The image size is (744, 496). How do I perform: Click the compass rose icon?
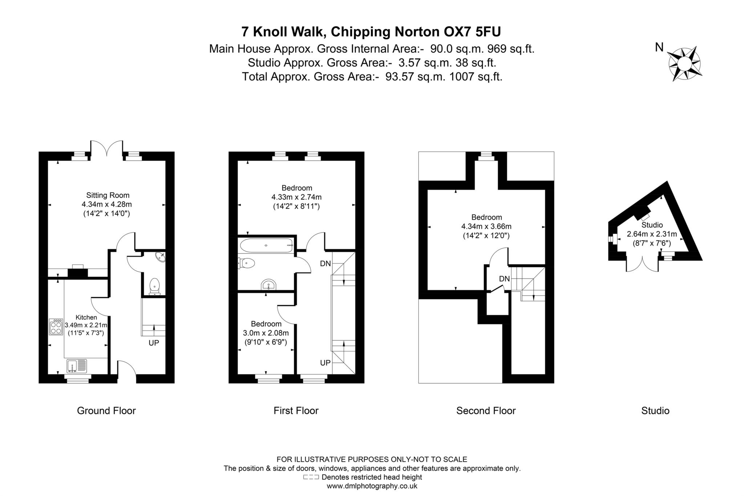point(684,64)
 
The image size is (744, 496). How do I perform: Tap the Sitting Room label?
point(108,195)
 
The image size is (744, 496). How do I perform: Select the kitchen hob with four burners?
point(56,327)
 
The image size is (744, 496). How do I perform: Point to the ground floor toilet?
point(155,286)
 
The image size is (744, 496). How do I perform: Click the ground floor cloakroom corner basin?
point(160,257)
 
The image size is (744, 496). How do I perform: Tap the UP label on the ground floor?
point(154,343)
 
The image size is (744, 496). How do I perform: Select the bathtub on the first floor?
point(266,245)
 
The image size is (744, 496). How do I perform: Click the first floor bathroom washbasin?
point(268,285)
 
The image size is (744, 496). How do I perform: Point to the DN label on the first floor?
point(325,264)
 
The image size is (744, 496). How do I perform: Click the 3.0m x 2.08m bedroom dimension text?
point(266,333)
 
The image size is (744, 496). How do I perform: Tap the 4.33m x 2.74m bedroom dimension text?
point(296,197)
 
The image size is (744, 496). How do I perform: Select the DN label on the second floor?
point(504,279)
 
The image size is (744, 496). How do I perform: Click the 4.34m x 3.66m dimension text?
point(486,227)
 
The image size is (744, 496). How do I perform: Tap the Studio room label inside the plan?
point(652,225)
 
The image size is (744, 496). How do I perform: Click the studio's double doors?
point(642,264)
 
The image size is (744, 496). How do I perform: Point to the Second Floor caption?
point(486,411)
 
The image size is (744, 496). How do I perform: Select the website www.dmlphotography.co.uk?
point(372,486)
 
